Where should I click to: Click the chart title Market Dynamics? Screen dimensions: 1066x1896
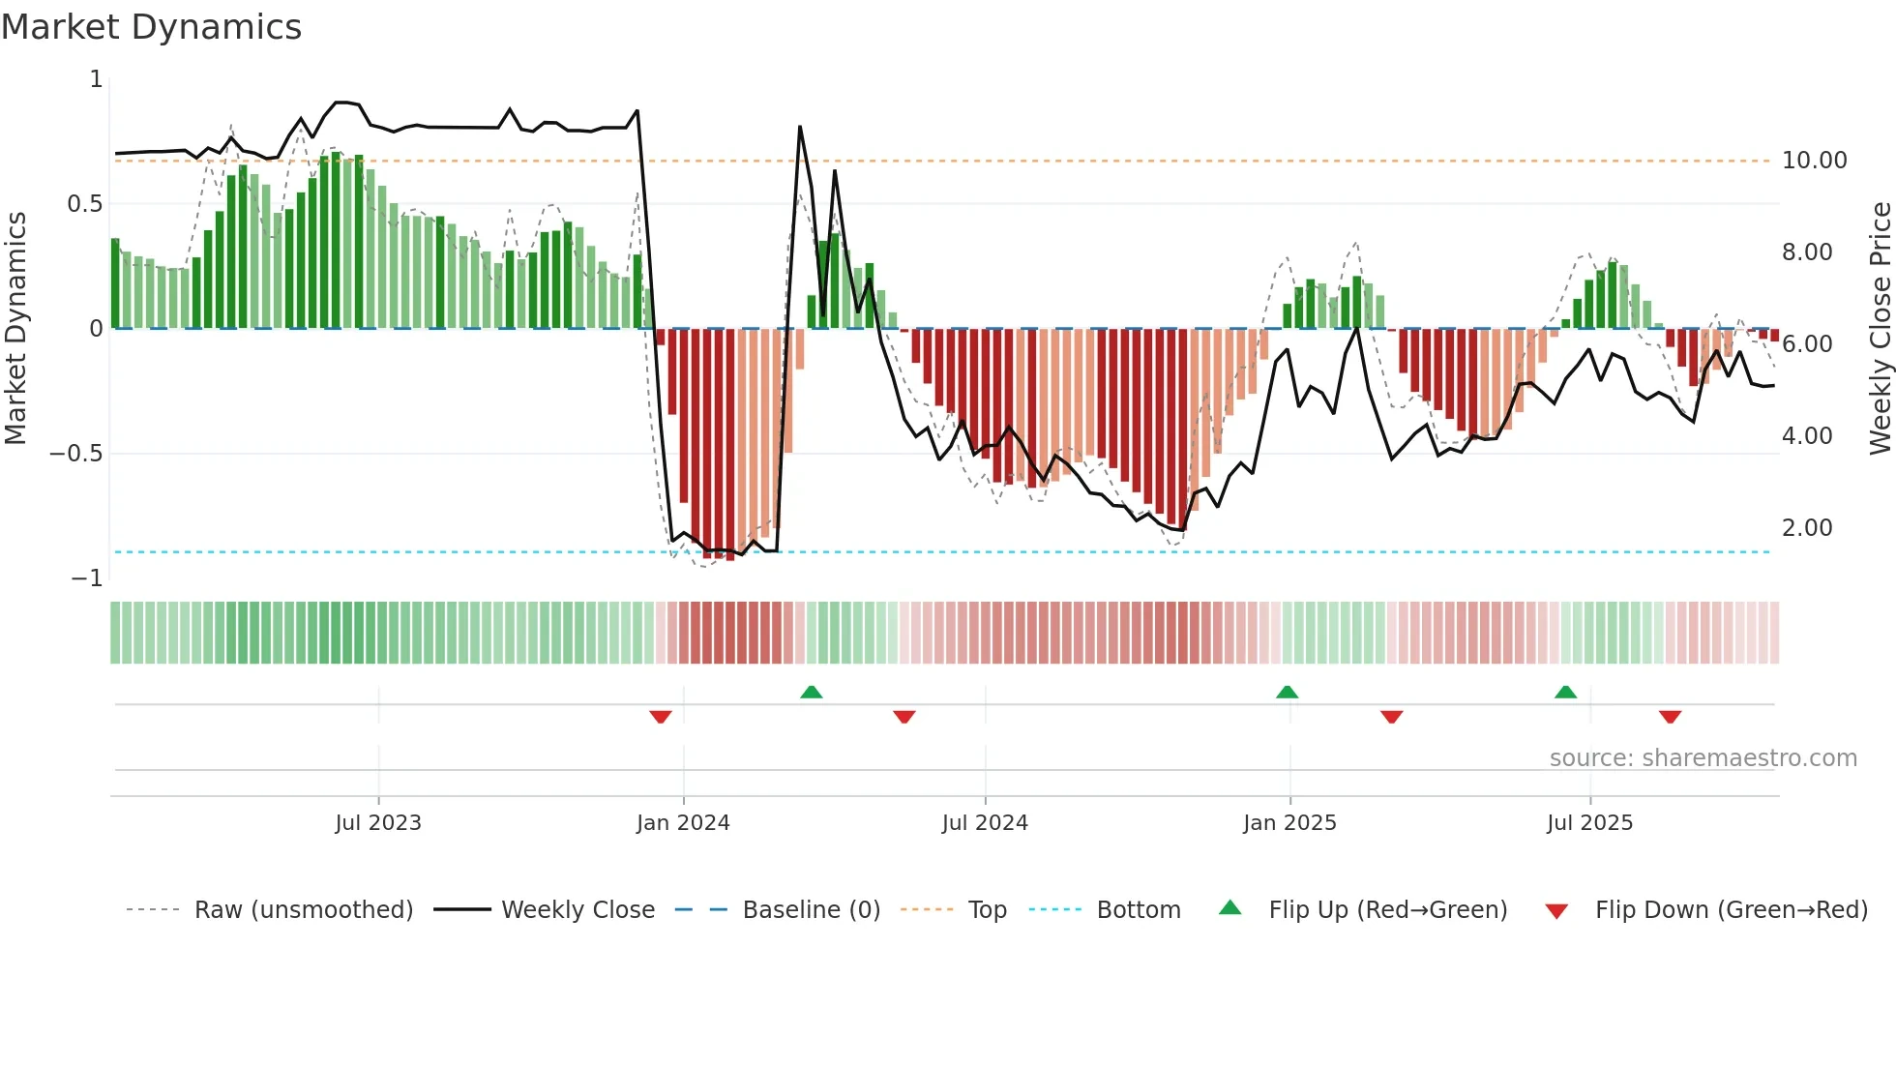(151, 27)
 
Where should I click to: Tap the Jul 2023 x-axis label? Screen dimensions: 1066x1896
(378, 823)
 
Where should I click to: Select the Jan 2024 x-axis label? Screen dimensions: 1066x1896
(683, 823)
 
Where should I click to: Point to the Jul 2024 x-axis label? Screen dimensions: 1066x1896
(985, 823)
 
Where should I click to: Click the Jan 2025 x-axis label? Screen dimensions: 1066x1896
(1289, 823)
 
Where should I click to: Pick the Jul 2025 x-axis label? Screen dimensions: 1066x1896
(1589, 823)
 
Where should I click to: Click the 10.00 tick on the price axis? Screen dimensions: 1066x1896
(1814, 161)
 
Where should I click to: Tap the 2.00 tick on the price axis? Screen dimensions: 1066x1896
(1807, 528)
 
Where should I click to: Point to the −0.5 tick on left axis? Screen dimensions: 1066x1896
(76, 454)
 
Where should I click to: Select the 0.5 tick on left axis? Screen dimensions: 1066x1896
(84, 204)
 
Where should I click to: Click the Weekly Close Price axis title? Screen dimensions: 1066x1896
(1880, 329)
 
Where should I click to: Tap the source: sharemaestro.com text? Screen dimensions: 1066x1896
(1703, 758)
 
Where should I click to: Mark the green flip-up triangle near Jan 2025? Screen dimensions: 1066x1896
(1287, 693)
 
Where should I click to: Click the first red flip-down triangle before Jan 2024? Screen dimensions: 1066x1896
(661, 717)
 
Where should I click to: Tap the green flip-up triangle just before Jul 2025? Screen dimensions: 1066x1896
(1565, 693)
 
